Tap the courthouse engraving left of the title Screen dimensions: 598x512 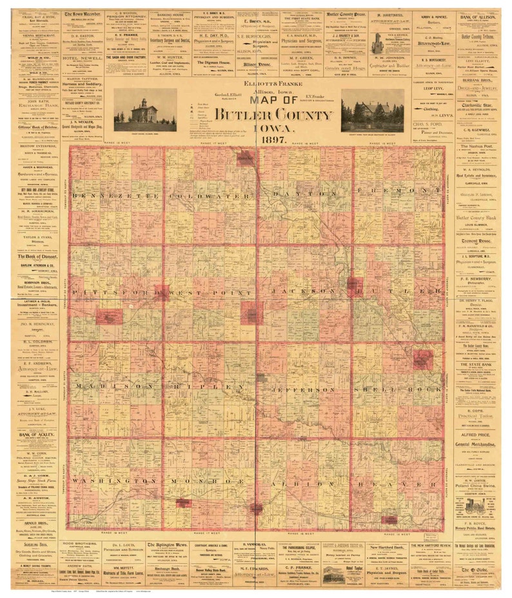144,110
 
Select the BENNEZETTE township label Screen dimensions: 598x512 116,194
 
